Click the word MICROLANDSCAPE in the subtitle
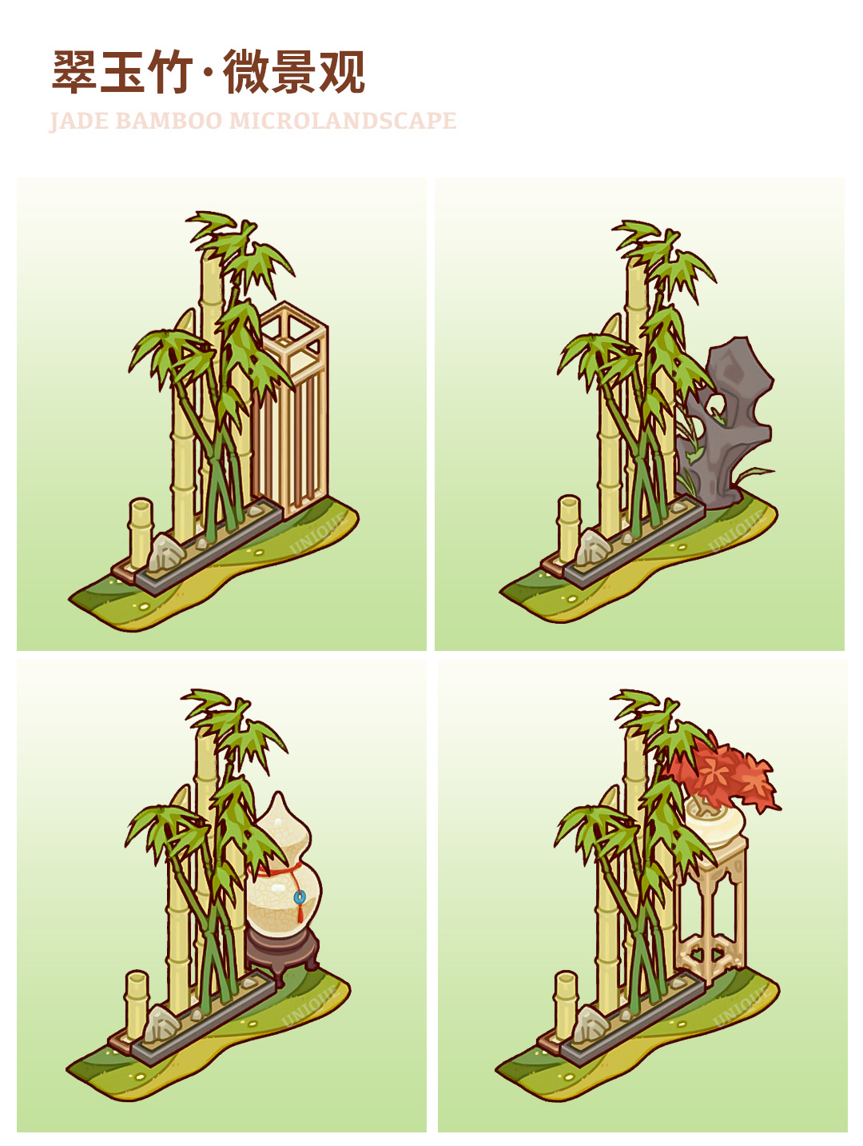pyautogui.click(x=343, y=121)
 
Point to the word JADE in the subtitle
pyautogui.click(x=79, y=121)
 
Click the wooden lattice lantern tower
pyautogui.click(x=292, y=407)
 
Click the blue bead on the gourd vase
pyautogui.click(x=299, y=897)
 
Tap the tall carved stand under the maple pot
pyautogui.click(x=712, y=913)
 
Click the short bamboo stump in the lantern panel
pyautogui.click(x=141, y=533)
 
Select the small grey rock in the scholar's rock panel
pyautogui.click(x=591, y=548)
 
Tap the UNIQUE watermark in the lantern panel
pyautogui.click(x=319, y=533)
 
